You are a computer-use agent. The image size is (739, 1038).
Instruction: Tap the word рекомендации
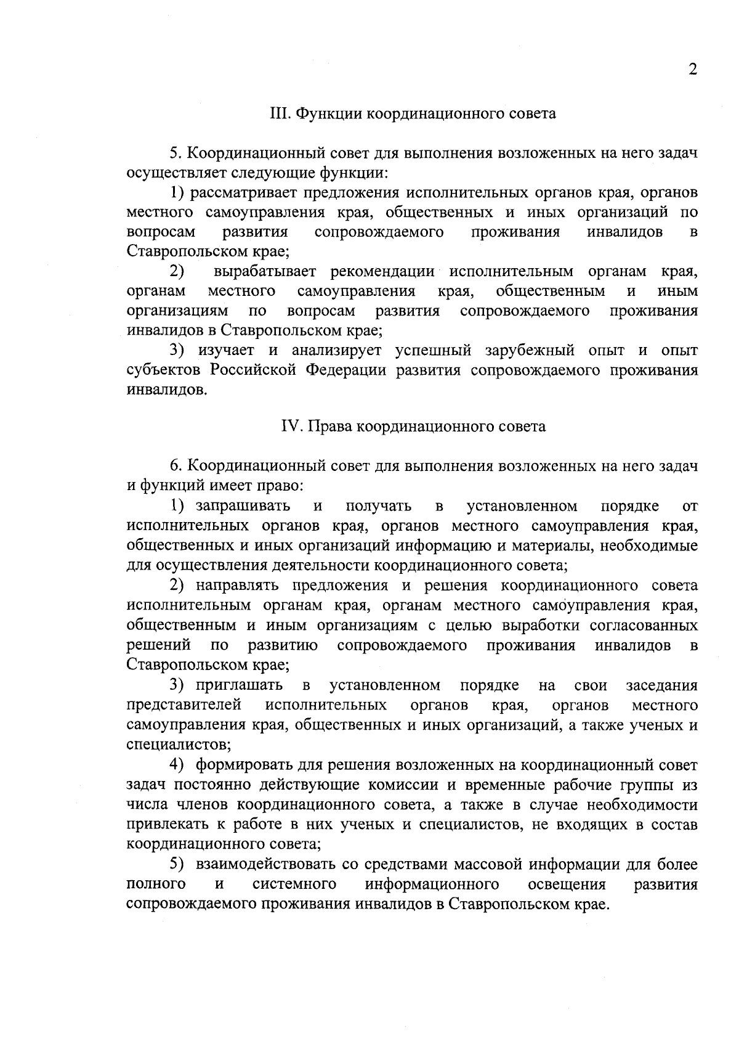382,272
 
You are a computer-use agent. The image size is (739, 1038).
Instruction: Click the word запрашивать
243,507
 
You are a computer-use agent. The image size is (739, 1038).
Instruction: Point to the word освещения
567,885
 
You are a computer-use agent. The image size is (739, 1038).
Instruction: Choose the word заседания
661,685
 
